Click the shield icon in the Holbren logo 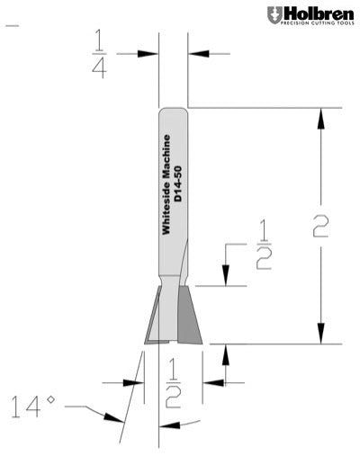[x=274, y=14]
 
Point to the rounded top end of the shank [x=173, y=112]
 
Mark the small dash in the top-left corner [x=12, y=26]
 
